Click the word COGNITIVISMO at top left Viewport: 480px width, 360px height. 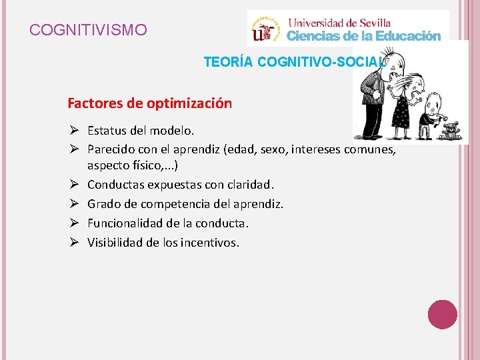(x=89, y=30)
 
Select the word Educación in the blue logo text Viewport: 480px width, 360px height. (x=408, y=35)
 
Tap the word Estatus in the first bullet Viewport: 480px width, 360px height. (x=107, y=131)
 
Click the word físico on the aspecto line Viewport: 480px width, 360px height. (x=145, y=164)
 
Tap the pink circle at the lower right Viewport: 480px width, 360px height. (x=442, y=313)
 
